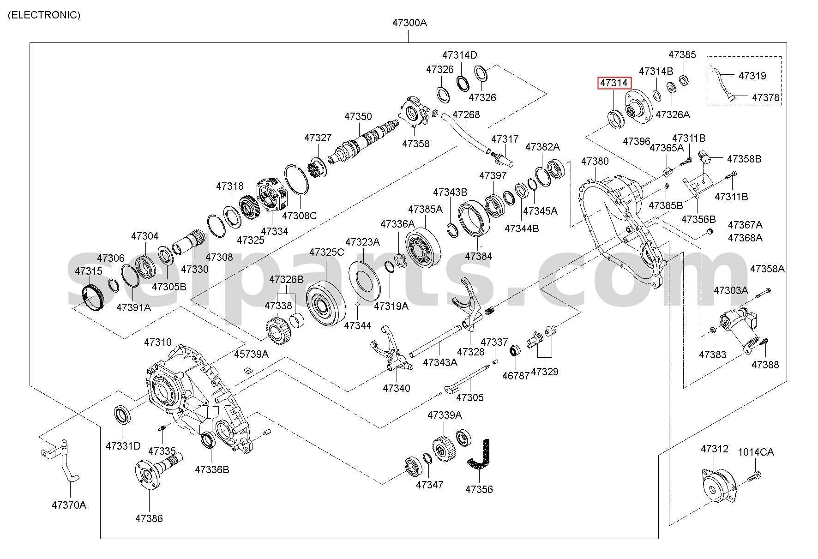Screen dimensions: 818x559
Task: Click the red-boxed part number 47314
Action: [x=613, y=83]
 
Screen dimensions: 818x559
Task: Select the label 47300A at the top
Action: [x=409, y=23]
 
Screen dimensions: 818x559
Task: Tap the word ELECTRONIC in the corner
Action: [x=44, y=15]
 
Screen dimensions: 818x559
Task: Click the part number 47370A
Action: [x=69, y=505]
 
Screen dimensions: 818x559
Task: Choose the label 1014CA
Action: [x=756, y=452]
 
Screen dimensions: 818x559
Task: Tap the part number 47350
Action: [x=358, y=116]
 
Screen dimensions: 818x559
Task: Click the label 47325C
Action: [x=327, y=252]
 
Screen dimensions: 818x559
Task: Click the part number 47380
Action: [x=595, y=161]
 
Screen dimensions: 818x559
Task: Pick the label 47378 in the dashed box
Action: [x=766, y=98]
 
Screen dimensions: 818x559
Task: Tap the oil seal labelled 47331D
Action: [x=123, y=415]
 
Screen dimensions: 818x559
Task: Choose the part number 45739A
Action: [x=251, y=354]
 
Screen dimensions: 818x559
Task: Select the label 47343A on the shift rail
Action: [x=440, y=362]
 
